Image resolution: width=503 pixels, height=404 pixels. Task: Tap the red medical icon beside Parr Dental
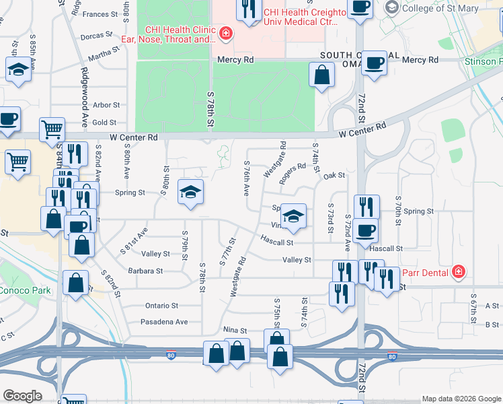(459, 272)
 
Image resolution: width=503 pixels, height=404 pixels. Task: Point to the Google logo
(23, 396)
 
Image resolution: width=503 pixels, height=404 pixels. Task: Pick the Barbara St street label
(146, 271)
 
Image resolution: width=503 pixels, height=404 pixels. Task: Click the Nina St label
(235, 331)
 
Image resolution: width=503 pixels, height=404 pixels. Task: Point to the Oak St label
(334, 176)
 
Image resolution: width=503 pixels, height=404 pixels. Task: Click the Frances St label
(100, 13)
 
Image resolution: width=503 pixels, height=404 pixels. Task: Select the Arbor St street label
(106, 105)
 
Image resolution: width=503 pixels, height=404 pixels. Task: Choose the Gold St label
(105, 123)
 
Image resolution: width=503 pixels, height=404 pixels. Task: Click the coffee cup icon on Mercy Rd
(374, 63)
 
